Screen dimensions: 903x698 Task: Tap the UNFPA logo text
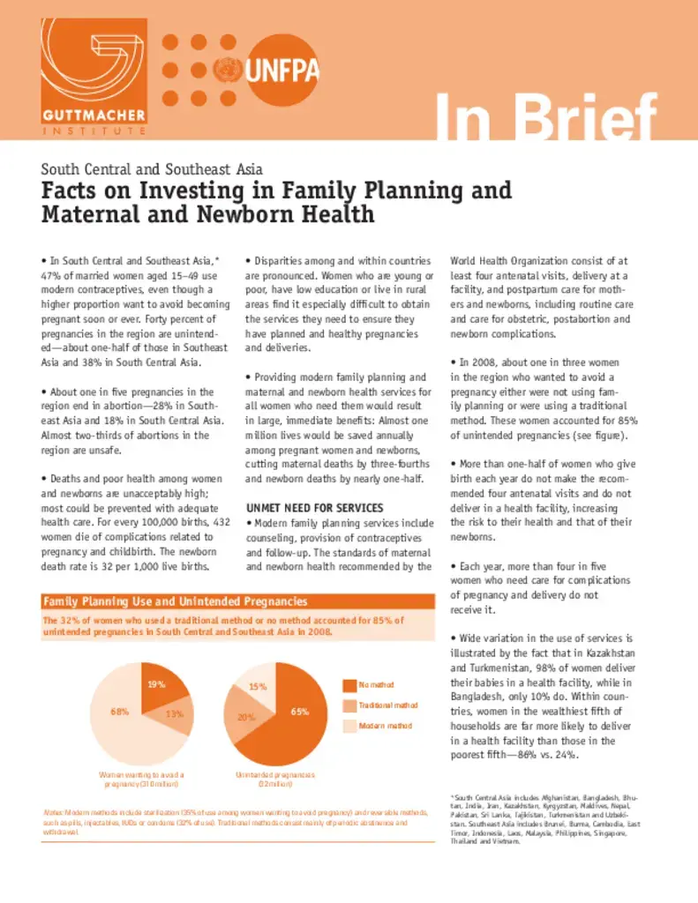tap(283, 70)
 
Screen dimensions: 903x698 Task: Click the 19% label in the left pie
tap(156, 684)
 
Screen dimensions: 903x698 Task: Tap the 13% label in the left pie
tap(174, 713)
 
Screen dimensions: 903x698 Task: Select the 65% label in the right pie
tap(300, 711)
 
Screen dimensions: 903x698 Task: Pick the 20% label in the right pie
tap(245, 717)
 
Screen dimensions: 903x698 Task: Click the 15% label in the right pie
tap(258, 686)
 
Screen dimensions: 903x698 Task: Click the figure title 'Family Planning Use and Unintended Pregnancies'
tap(176, 601)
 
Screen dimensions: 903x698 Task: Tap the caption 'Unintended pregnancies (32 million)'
tap(275, 779)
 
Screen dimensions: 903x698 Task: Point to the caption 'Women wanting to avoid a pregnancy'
tap(141, 779)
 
